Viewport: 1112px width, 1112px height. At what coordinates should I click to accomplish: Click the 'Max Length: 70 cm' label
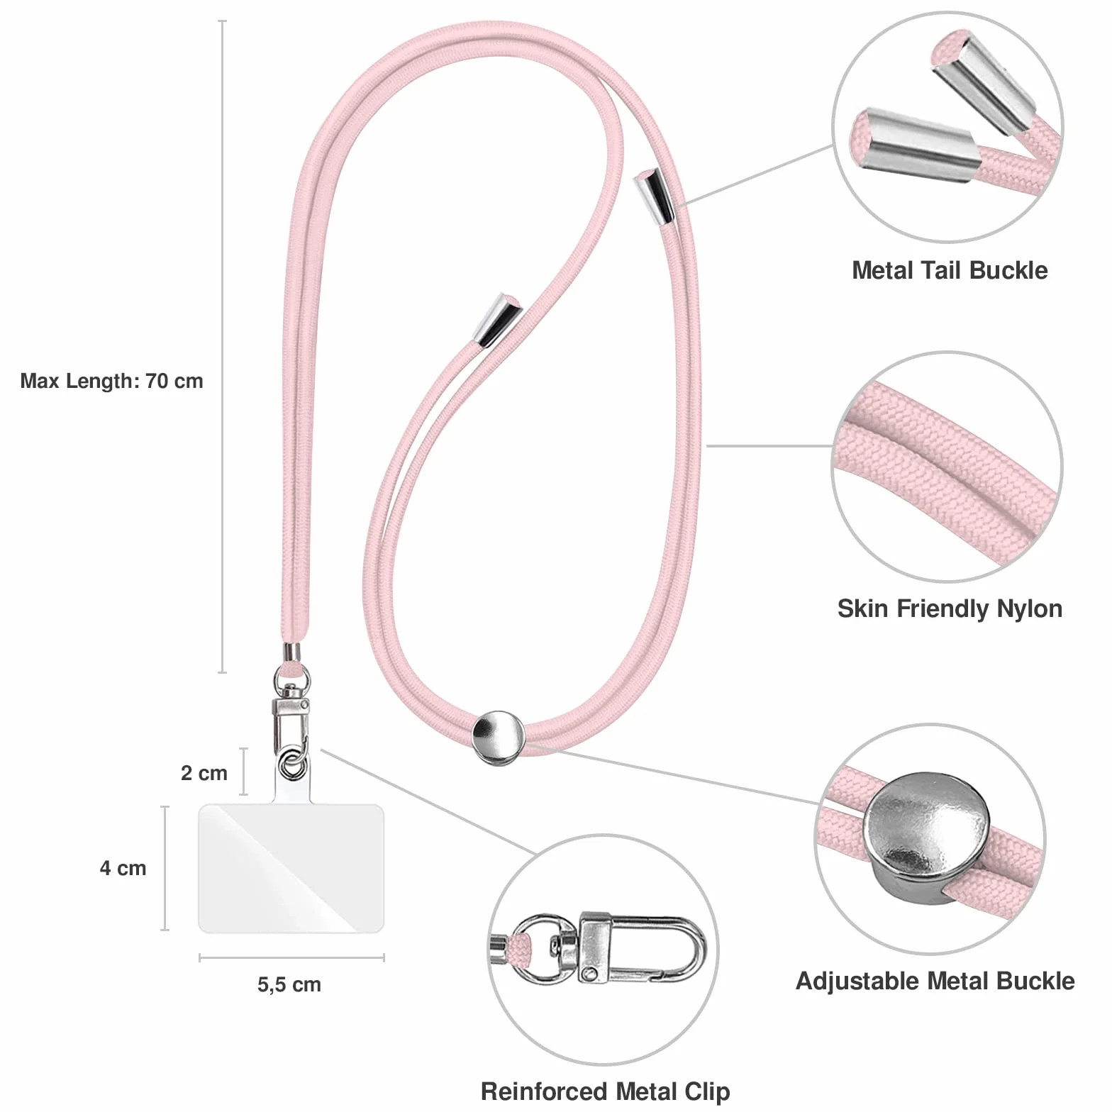click(x=111, y=381)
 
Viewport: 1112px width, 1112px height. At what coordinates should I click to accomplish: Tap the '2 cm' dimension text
click(x=204, y=772)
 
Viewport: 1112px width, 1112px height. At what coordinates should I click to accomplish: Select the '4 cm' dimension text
click(x=123, y=867)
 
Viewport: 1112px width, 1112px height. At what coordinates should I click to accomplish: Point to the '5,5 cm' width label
click(x=289, y=984)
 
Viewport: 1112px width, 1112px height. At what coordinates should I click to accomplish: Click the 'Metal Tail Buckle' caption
click(x=950, y=270)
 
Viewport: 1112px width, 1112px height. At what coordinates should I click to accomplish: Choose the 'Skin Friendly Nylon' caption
click(x=950, y=608)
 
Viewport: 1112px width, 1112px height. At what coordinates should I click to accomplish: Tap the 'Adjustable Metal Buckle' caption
click(x=935, y=981)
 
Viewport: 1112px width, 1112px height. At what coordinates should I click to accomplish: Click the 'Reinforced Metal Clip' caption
click(x=605, y=1091)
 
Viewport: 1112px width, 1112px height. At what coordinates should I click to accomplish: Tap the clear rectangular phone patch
click(x=291, y=868)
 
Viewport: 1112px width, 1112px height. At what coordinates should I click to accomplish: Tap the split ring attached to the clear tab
click(x=291, y=766)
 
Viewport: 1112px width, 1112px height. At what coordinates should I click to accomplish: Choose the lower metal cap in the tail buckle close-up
click(x=914, y=145)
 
